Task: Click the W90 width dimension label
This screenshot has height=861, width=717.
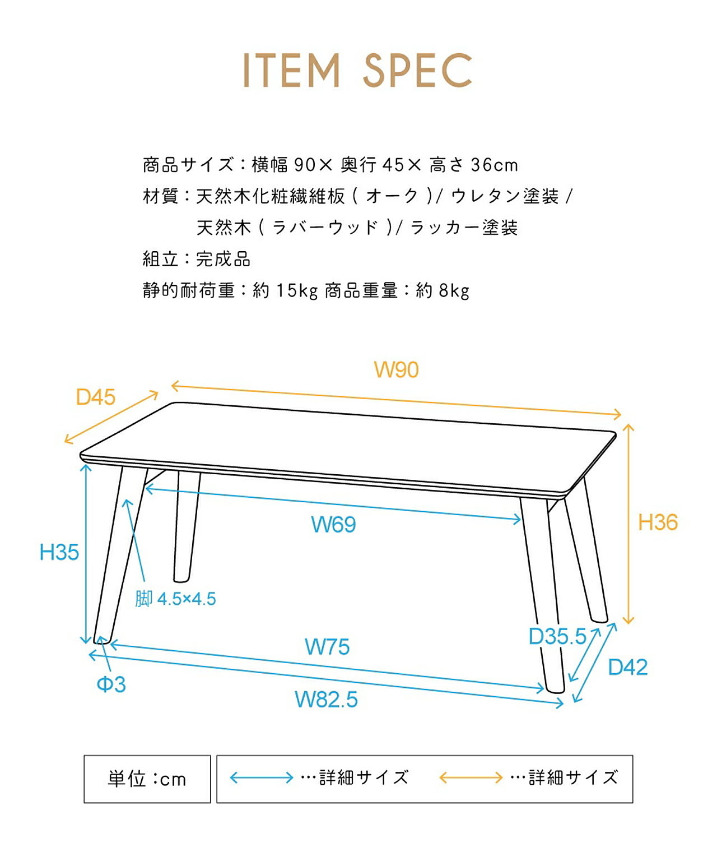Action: pos(396,370)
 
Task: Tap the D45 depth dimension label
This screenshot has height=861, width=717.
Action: pos(96,397)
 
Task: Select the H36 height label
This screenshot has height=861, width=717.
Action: pos(658,522)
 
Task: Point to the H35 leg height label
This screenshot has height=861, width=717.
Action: pos(59,553)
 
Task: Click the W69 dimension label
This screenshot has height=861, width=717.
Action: pos(333,525)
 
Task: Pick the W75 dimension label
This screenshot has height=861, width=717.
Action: pos(327,647)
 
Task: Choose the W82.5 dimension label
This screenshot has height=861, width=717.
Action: pos(326,700)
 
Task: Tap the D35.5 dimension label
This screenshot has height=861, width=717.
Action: pos(557,637)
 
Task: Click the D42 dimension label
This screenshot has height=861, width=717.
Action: pos(628,668)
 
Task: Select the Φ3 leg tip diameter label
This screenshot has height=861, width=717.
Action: pos(111,684)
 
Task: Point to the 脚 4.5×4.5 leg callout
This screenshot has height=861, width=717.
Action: pos(175,599)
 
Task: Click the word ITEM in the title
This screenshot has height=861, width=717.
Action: pos(292,71)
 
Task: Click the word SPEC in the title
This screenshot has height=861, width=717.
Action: pos(417,71)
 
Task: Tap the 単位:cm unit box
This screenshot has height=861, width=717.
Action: pos(147,779)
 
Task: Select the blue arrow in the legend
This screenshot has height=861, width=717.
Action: pos(262,778)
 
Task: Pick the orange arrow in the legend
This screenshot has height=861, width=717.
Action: pos(471,778)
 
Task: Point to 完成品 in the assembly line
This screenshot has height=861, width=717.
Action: pos(223,260)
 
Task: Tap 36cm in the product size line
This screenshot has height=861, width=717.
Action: pos(494,165)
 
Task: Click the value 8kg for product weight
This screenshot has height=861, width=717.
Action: pos(454,291)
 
